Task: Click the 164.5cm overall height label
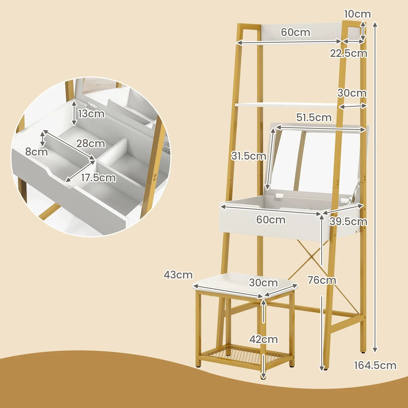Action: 375,365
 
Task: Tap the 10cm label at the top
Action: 358,14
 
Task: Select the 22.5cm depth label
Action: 348,53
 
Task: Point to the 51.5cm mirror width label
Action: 314,118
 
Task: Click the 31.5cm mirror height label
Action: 249,156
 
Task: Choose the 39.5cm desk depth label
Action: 348,222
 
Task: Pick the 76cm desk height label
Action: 322,280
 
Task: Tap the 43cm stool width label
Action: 178,275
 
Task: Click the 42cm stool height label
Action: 263,339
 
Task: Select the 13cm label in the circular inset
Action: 91,114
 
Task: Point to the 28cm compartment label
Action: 91,144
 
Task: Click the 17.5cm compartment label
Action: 98,178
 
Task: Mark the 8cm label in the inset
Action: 36,152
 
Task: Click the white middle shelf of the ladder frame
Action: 286,105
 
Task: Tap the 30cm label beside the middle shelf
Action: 352,93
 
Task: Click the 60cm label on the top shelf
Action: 296,32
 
